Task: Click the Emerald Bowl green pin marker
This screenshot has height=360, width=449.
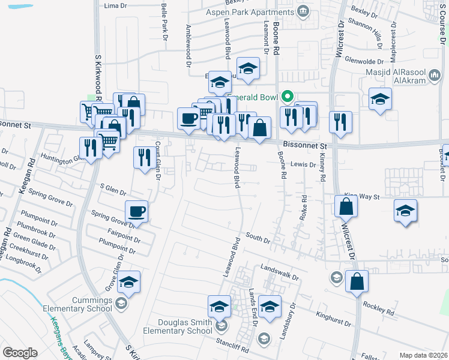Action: click(288, 96)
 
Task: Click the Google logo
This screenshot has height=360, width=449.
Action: click(20, 353)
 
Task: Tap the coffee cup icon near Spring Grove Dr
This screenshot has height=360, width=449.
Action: click(137, 212)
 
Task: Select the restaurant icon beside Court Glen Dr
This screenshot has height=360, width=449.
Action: click(144, 158)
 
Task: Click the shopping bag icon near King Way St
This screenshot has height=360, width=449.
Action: click(347, 206)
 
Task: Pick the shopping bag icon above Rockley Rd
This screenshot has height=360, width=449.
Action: click(357, 281)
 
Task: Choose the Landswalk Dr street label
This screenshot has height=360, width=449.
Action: click(279, 272)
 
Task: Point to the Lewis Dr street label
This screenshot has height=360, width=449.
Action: click(303, 164)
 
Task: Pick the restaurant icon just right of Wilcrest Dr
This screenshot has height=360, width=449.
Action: click(340, 122)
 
